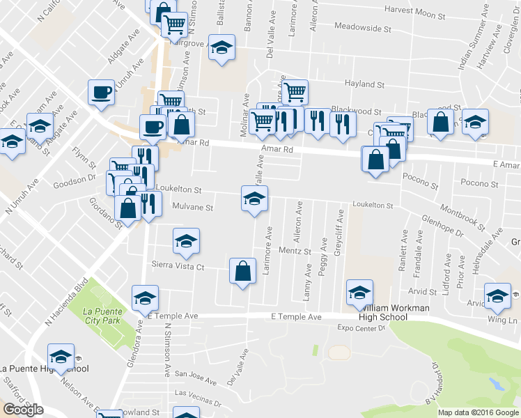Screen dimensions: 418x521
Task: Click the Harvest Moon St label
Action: tap(415, 14)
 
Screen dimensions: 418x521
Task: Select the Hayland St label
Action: tap(364, 84)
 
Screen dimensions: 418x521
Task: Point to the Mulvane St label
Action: tap(188, 207)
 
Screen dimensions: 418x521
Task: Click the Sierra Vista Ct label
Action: tap(178, 265)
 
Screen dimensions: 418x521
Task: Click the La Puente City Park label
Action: tap(102, 316)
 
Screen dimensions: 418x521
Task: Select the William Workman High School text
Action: tap(382, 311)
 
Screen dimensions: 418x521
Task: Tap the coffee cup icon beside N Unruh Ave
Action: tap(102, 92)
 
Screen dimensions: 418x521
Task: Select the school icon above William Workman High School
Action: tap(359, 292)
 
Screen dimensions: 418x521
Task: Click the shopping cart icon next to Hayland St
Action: tap(295, 91)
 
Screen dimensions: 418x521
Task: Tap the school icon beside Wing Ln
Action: tap(498, 296)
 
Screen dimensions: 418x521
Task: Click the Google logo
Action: tap(22, 410)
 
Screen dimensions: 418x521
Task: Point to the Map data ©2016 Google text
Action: tap(478, 412)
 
